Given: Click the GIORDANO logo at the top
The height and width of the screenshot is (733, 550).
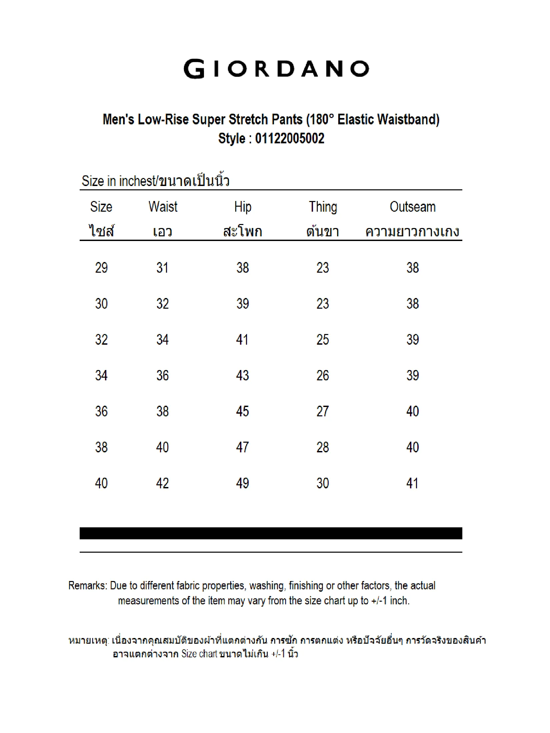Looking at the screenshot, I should coord(276,69).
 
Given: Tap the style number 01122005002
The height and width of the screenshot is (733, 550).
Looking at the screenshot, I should coord(289,138).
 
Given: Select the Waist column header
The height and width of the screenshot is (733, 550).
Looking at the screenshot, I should coord(163,207).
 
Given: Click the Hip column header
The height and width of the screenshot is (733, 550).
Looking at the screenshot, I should coord(243,207).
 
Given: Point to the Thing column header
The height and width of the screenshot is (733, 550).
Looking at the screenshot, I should coord(323,207).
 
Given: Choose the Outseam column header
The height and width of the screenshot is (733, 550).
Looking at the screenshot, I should coord(413,207).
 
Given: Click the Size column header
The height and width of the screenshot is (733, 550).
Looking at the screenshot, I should coord(101,207).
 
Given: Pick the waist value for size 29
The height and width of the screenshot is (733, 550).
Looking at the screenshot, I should coord(162,268).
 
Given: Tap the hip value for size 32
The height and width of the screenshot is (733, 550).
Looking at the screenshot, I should coord(242,340).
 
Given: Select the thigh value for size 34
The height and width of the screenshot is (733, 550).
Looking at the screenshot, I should coord(323,376).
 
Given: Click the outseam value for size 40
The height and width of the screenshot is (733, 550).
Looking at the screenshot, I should coord(412,483).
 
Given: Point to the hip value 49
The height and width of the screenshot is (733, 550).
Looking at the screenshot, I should coord(242,483).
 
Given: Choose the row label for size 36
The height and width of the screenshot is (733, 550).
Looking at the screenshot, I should coord(101,411).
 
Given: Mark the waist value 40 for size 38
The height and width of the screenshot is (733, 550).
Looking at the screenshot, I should coord(162,447).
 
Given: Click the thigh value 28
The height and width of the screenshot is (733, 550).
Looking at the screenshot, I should coord(323,447).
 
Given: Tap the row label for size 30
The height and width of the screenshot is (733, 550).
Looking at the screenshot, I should coord(101,304).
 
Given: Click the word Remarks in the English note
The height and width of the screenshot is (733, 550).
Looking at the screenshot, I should coord(87,586).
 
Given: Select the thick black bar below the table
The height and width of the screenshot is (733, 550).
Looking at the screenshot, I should coord(271,533).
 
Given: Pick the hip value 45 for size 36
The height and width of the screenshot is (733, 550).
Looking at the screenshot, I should coord(242,411).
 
